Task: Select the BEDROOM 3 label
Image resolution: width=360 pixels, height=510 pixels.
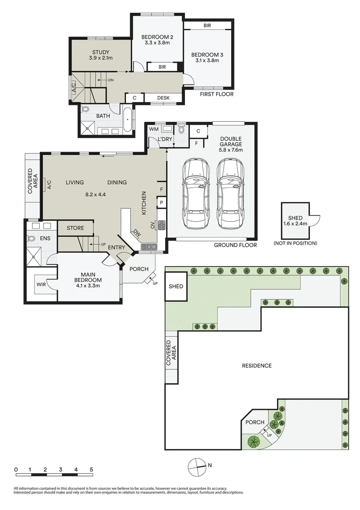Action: coord(207,55)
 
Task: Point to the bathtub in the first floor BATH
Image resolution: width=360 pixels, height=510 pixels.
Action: coord(128,120)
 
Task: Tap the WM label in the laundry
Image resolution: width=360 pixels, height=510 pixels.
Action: coord(153,128)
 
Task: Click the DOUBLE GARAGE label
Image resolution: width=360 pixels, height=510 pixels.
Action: coord(231,141)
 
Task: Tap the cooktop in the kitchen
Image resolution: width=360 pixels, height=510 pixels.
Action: coord(161,225)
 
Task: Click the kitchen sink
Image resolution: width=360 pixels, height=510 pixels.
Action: coord(149,246)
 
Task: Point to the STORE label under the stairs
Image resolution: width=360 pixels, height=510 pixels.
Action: coord(75,228)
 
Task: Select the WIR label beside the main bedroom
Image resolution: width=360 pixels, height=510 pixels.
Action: coord(41,284)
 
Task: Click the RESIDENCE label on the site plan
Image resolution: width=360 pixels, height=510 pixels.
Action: coord(257,365)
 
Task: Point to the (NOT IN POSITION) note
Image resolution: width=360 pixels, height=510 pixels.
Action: coord(295,243)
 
